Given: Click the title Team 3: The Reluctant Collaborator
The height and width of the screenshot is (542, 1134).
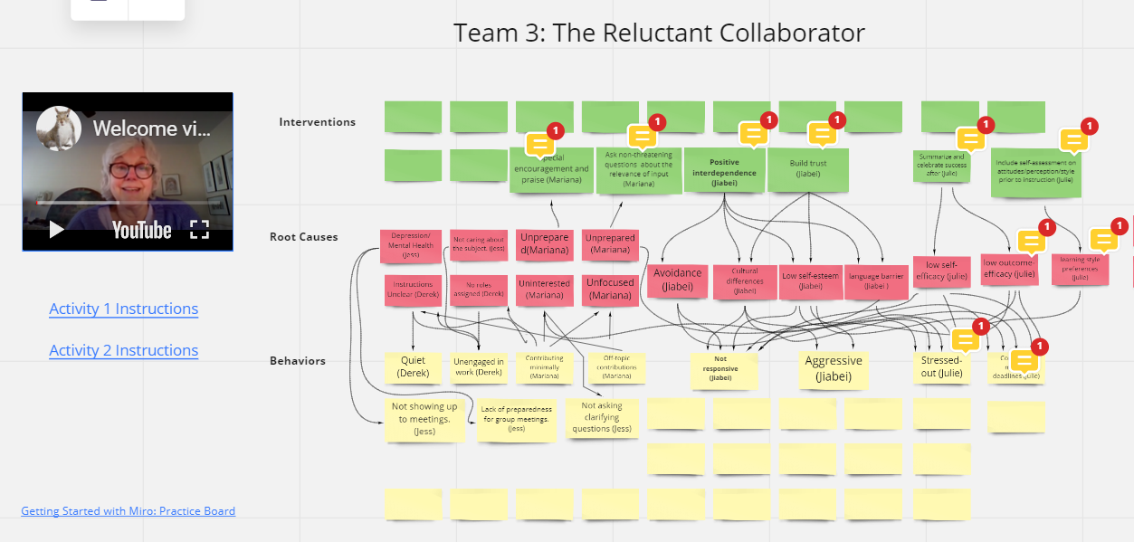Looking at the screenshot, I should click(x=659, y=33).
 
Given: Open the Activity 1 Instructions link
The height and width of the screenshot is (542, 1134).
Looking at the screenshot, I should click(x=124, y=309).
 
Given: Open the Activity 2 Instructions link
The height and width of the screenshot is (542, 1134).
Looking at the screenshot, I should click(x=124, y=350).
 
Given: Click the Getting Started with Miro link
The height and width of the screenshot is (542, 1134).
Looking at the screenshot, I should click(x=128, y=511).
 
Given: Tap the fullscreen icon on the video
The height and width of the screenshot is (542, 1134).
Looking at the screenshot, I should click(x=199, y=230).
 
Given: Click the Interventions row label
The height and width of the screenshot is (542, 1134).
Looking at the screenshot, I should click(x=317, y=122).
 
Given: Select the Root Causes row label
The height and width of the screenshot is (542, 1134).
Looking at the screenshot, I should click(x=303, y=237).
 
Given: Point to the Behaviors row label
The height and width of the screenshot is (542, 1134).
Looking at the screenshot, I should click(x=297, y=361).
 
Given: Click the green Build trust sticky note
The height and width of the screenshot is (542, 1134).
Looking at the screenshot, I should click(x=808, y=169).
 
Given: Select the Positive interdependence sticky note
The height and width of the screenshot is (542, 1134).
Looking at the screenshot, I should click(x=724, y=170).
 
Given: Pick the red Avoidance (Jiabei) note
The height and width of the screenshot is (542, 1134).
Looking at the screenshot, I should click(x=677, y=280).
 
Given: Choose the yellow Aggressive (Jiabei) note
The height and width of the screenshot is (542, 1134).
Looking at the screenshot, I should click(x=834, y=368).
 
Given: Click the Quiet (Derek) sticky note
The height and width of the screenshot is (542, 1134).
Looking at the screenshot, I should click(x=413, y=366).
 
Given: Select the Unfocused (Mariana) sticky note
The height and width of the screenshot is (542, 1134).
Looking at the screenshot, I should click(x=610, y=289).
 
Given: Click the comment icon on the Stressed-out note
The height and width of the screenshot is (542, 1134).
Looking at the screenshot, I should click(x=965, y=340).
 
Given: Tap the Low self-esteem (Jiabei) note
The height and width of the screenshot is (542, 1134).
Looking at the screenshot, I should click(x=809, y=281).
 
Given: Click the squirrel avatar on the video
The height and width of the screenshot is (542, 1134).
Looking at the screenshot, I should click(x=59, y=128).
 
